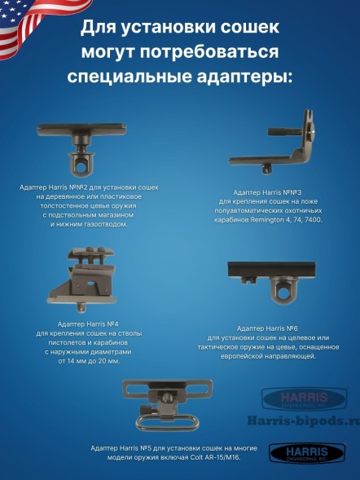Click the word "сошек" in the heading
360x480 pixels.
point(244,29)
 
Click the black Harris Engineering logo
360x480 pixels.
point(298,453)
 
